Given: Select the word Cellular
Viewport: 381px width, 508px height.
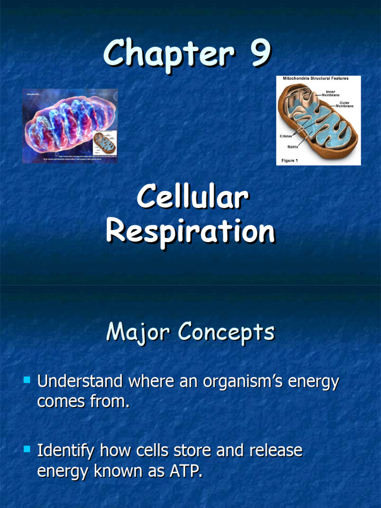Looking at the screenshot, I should point(192,198).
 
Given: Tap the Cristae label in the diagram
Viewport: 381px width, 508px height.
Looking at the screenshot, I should point(286,136).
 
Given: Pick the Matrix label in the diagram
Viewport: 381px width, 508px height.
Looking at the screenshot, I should point(293,147).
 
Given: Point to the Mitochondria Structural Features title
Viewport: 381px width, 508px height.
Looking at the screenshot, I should point(316,78).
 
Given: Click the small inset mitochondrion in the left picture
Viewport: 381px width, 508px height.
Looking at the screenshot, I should point(104,142).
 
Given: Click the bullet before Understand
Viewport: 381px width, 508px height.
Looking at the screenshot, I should point(27,381).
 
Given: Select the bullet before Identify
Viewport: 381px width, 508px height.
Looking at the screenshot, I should point(27,450).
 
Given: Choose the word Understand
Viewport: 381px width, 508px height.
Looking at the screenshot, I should point(80,381).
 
